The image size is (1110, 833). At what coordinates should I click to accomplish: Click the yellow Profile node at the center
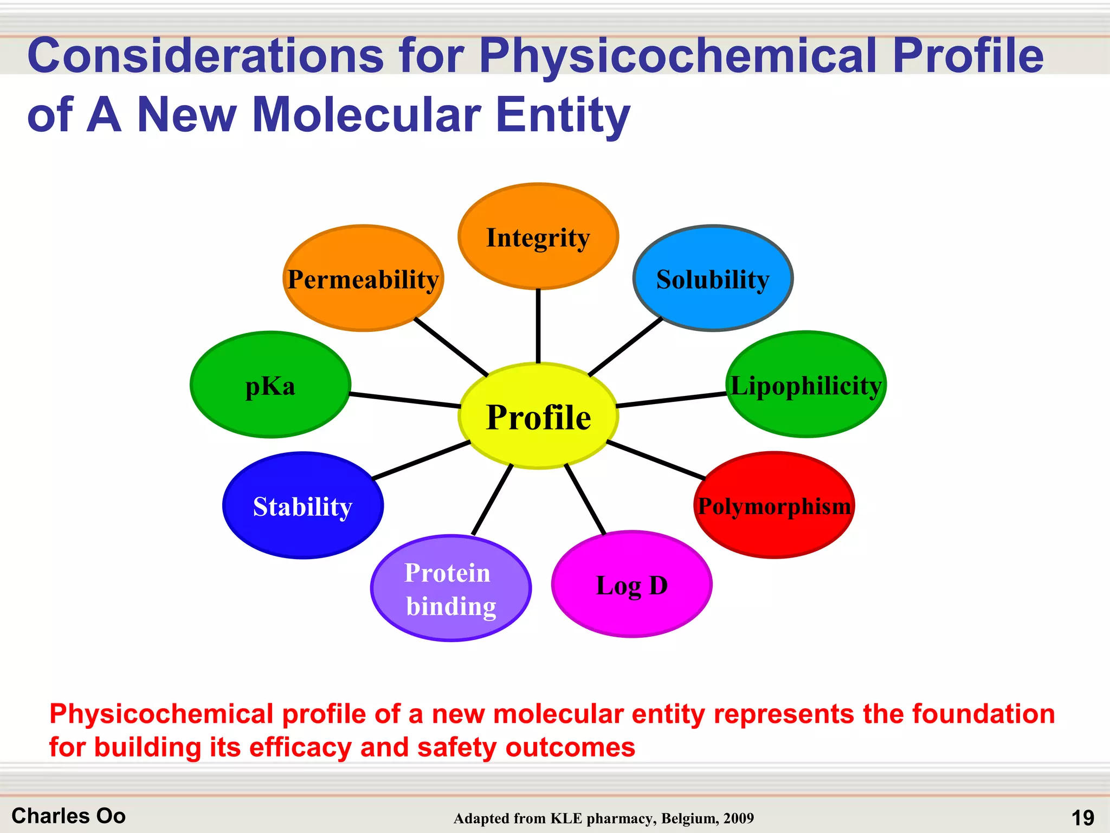(x=538, y=416)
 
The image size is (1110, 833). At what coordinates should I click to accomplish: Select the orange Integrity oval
(x=538, y=237)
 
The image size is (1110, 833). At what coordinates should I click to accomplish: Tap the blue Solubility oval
(x=713, y=279)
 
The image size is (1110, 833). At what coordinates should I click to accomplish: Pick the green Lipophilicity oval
(x=806, y=385)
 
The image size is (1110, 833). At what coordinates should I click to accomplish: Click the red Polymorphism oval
(x=774, y=505)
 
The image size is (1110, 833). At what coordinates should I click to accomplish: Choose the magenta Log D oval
(x=631, y=585)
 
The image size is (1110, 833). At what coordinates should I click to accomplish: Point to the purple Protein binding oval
(x=450, y=589)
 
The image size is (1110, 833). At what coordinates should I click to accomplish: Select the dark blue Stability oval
(x=302, y=505)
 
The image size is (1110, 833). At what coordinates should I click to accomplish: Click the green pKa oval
(x=270, y=385)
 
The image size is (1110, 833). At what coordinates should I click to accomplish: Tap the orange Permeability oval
(x=363, y=279)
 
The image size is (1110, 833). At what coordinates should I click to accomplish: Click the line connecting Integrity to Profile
(x=538, y=325)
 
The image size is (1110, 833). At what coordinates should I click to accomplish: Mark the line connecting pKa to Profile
(x=404, y=400)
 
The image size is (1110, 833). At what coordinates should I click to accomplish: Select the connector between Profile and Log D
(x=585, y=499)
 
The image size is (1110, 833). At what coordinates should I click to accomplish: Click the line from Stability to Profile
(x=422, y=460)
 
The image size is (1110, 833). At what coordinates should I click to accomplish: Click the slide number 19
(x=1082, y=817)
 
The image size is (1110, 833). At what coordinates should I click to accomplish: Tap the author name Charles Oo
(x=68, y=816)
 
